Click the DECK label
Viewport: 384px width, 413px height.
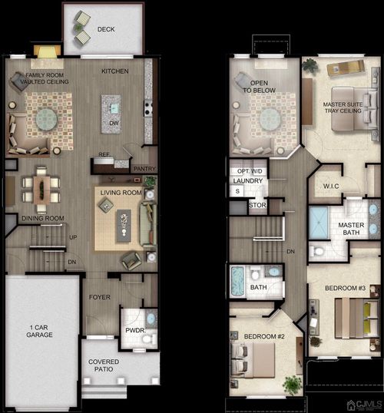point(106,30)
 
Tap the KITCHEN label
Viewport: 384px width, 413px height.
point(115,71)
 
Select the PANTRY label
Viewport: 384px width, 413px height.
point(144,168)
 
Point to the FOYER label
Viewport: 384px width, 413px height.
point(100,296)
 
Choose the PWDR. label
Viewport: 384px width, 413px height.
point(136,332)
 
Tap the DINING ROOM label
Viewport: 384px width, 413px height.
point(42,218)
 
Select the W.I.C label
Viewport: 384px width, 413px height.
point(333,186)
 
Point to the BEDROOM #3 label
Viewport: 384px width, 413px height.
point(343,288)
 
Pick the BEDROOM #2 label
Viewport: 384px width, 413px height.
point(264,337)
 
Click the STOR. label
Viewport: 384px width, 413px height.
point(258,206)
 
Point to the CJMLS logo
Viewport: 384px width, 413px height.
point(362,405)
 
